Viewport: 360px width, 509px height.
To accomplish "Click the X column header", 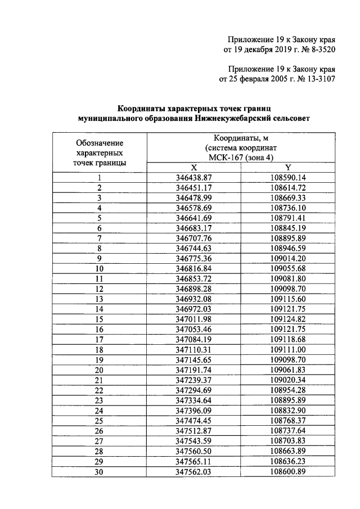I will click(x=193, y=168).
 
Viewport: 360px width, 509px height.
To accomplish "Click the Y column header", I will click(x=287, y=168).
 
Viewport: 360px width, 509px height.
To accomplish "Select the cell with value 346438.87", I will click(x=193, y=178).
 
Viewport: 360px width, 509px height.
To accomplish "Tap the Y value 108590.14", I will click(x=287, y=178).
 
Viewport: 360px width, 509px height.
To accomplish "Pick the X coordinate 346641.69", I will click(x=193, y=218).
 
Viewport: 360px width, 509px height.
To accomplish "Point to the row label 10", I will click(x=99, y=269).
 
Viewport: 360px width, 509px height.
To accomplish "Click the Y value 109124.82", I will click(x=287, y=319).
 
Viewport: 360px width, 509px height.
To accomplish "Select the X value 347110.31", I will click(x=193, y=350).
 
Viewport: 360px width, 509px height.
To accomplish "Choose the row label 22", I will click(x=99, y=390).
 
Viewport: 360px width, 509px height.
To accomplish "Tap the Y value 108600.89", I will click(x=287, y=471).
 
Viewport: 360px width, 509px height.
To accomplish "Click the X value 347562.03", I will click(x=193, y=471).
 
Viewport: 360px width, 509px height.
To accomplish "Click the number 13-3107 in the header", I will click(x=317, y=79).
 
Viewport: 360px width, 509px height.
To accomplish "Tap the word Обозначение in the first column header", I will click(x=100, y=143).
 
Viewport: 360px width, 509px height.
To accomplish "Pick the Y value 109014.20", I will click(x=287, y=259).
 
